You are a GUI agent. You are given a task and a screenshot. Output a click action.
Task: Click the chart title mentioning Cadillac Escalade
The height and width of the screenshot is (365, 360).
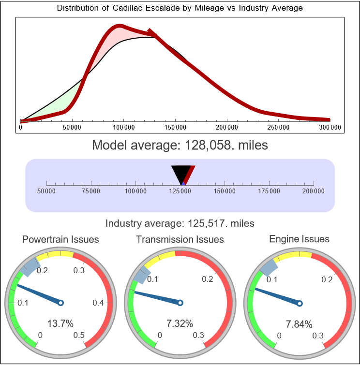coord(180,8)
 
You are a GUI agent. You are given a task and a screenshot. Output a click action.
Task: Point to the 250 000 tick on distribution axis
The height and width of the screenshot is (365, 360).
coord(278,127)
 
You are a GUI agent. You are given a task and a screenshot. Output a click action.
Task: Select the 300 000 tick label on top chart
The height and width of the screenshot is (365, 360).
coord(330,127)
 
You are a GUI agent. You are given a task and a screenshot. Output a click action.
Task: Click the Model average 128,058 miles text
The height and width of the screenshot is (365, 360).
coord(180,145)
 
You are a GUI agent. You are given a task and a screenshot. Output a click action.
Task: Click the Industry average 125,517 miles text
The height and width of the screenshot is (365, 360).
coord(180,223)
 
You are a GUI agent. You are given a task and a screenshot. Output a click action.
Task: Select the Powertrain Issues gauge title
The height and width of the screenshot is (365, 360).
coord(60,239)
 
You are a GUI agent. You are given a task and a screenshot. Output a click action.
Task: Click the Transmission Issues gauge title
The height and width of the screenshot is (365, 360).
coord(180,239)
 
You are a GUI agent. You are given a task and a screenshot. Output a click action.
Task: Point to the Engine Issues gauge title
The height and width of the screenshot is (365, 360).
coord(299,239)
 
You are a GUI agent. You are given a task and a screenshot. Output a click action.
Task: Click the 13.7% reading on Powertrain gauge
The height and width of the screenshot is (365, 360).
coord(60,323)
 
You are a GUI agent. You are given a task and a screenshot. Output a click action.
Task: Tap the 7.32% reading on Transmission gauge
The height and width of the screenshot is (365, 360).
coord(180,323)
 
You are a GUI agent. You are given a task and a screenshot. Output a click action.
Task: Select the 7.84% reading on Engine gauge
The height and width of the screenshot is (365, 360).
coord(299,323)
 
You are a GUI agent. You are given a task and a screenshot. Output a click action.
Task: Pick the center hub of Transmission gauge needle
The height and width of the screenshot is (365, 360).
coord(180,303)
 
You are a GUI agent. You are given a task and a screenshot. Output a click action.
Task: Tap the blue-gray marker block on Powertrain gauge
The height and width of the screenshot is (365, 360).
coord(31,266)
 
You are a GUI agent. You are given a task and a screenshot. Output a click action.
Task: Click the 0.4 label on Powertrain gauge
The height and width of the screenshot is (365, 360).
coord(98,303)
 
